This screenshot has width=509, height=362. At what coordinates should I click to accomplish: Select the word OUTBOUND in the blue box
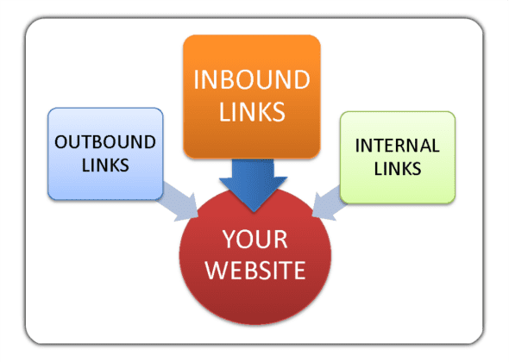click(x=105, y=141)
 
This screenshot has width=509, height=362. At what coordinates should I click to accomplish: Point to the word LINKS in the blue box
click(x=105, y=164)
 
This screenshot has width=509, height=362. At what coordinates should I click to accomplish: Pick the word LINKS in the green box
click(x=398, y=168)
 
